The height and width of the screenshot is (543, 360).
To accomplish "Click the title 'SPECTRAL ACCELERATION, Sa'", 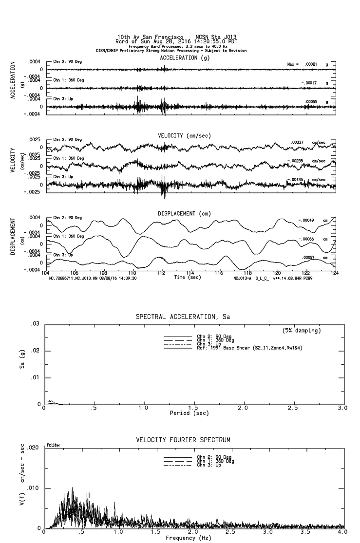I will pos(183,317).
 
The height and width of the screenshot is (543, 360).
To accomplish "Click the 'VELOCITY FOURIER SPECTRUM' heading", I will pos(183,440).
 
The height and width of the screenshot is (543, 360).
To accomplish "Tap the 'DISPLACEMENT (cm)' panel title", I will pos(183,214).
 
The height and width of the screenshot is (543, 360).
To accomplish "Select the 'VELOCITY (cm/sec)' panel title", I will pos(184,135).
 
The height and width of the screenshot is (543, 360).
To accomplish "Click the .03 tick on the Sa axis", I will pos(35,324).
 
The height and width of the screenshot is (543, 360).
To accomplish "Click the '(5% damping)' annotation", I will pos(302,331).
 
